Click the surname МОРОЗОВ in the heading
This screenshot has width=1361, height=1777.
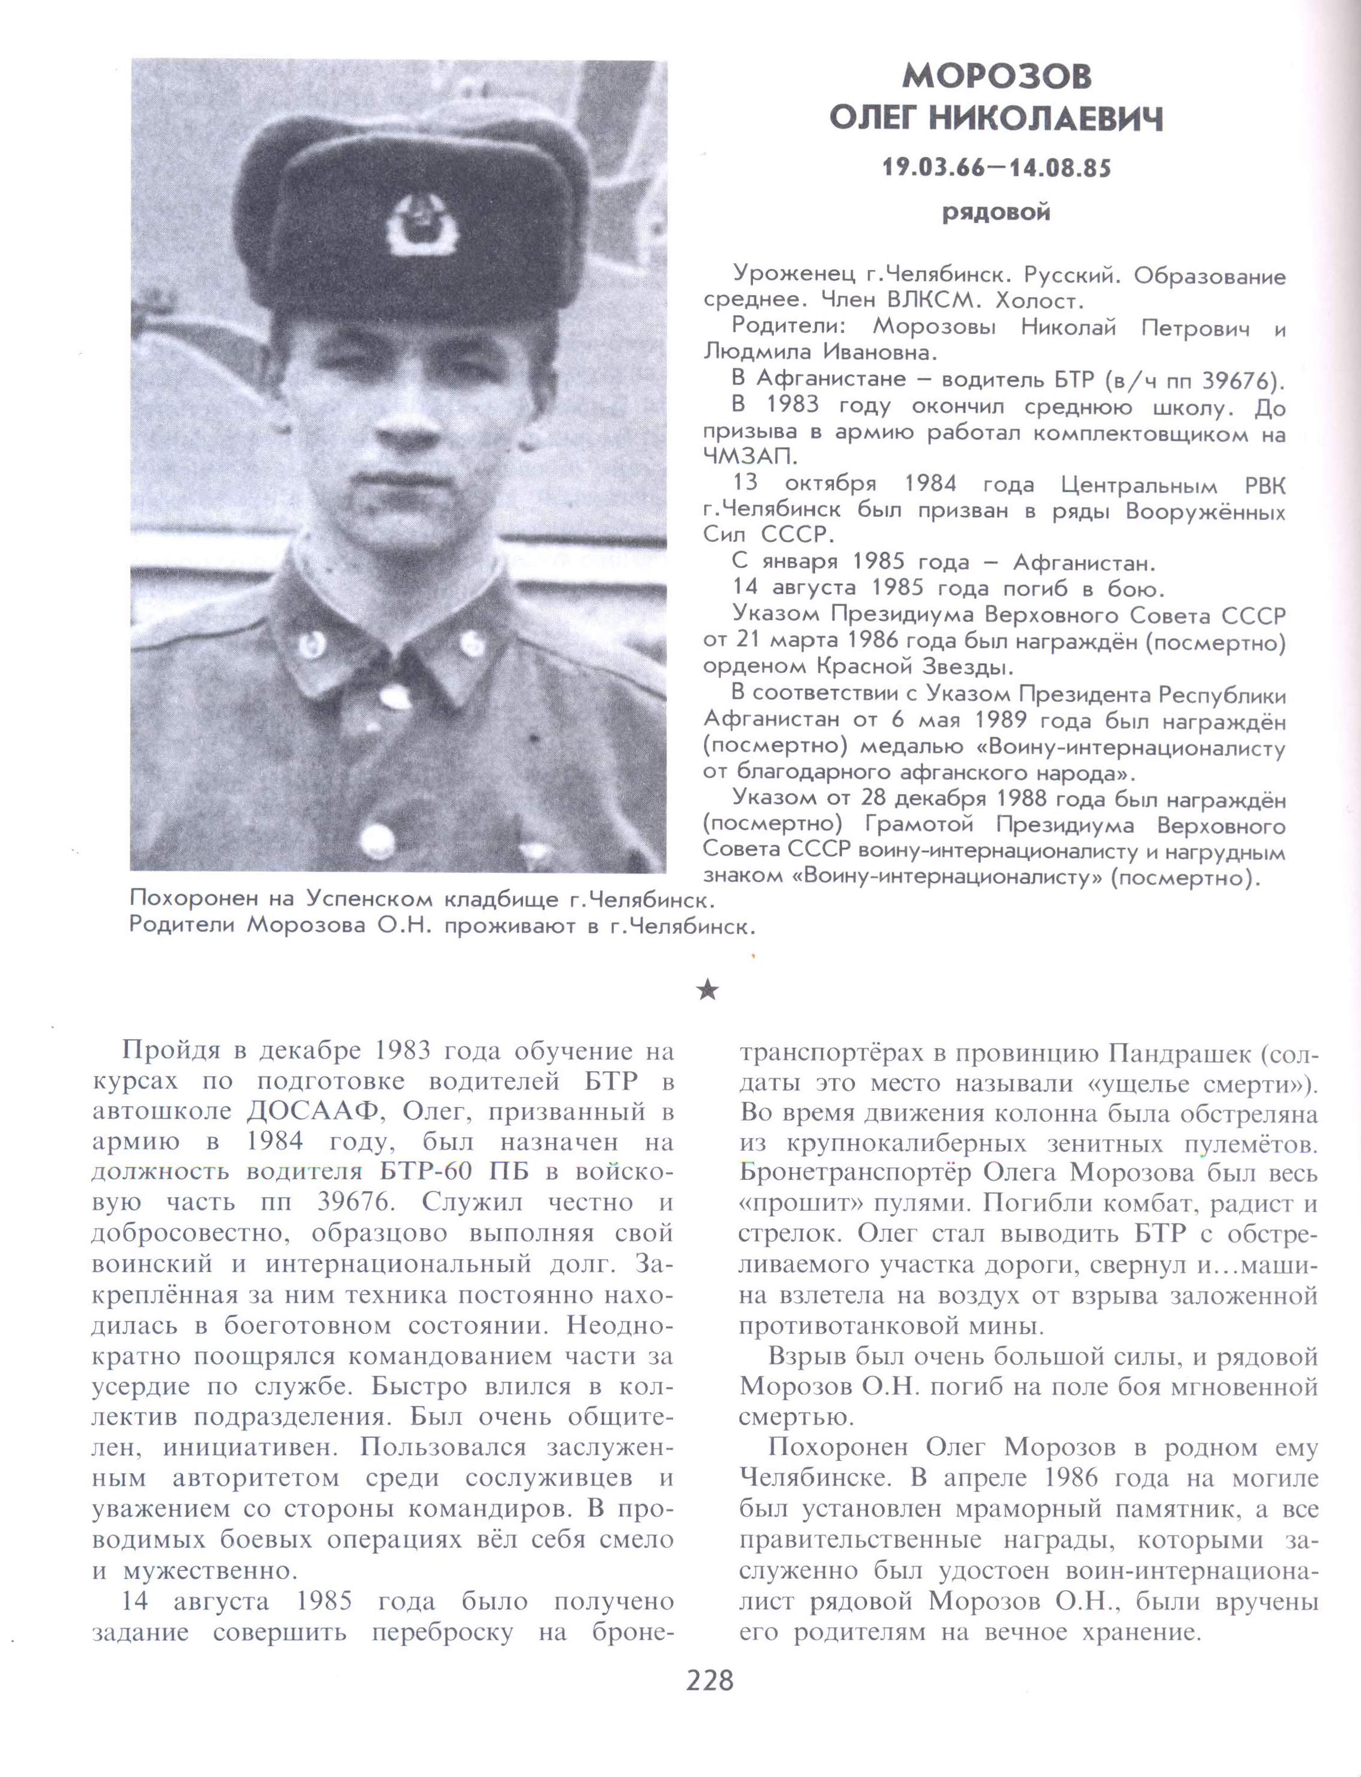click(x=997, y=76)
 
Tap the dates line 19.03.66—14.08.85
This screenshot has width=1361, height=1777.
click(x=997, y=168)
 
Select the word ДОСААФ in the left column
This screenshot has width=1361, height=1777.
click(x=314, y=1111)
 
